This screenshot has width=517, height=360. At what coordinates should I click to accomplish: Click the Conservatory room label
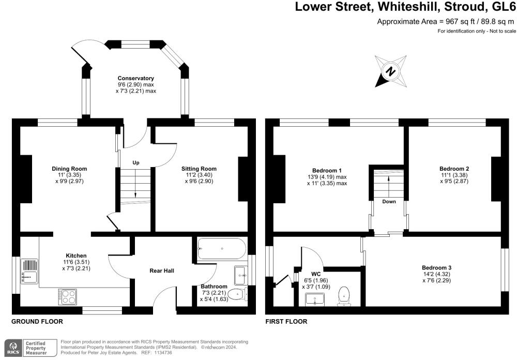(x=136, y=78)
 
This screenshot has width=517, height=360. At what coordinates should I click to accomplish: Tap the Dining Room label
(x=69, y=169)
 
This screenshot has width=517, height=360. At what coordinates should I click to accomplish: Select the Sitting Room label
(x=199, y=169)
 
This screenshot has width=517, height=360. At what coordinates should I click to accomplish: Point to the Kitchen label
(x=76, y=256)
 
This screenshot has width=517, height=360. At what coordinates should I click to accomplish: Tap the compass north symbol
(x=391, y=71)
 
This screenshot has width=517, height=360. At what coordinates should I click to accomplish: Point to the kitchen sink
(x=29, y=272)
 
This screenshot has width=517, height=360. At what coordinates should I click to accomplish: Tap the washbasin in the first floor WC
(x=316, y=299)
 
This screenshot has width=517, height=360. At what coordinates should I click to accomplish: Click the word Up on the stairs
(x=136, y=163)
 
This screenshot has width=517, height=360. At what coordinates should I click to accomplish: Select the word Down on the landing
(x=389, y=202)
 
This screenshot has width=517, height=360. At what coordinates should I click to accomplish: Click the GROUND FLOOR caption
(x=37, y=321)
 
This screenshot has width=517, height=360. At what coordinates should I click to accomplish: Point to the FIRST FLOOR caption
(x=286, y=321)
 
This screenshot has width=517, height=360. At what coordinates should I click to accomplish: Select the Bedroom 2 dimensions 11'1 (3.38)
(x=454, y=175)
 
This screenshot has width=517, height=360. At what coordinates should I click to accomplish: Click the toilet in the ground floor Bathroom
(x=236, y=294)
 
